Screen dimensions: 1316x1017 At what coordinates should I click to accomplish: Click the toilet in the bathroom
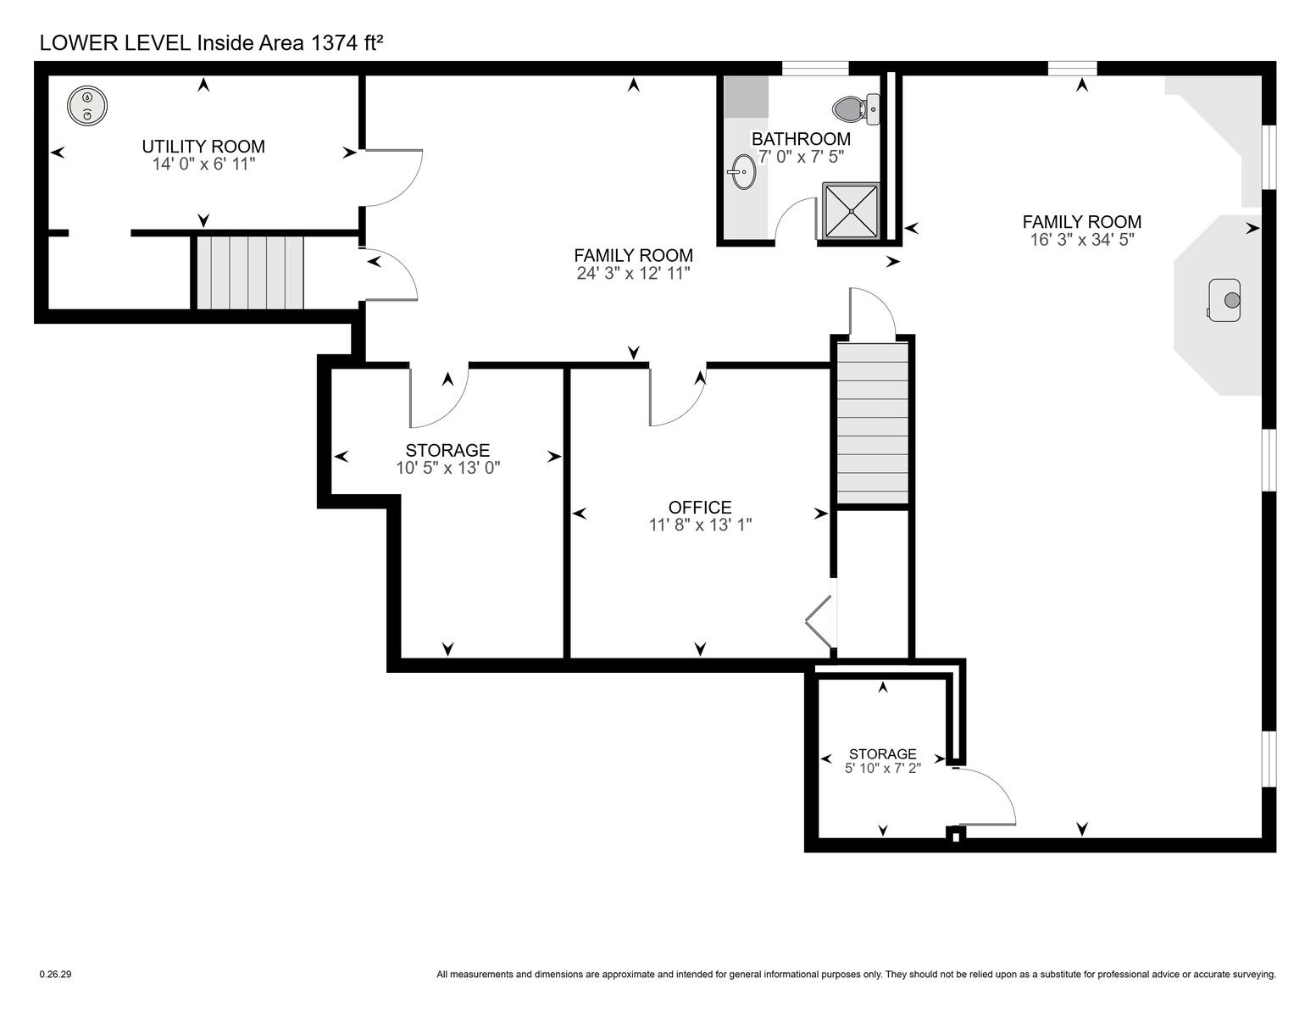[x=856, y=109]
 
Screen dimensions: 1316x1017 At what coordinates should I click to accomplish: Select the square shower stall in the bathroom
[x=851, y=211]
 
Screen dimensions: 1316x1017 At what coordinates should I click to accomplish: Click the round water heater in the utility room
[x=87, y=106]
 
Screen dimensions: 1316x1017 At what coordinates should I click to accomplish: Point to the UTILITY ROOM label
[x=203, y=147]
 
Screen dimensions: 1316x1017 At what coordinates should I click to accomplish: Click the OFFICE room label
[x=700, y=507]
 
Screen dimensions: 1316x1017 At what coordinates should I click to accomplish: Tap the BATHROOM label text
[x=802, y=139]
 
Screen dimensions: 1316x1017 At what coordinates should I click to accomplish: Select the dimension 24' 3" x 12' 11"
[x=634, y=273]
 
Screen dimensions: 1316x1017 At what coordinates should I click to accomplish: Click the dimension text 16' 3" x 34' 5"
[x=1082, y=240]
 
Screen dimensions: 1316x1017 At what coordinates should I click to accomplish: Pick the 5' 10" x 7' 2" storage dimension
[x=883, y=769]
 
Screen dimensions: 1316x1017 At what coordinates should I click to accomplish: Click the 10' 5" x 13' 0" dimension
[x=448, y=468]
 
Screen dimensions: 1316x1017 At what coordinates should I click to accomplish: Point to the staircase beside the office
[x=872, y=423]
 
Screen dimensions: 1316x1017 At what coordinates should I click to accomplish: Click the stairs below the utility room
[x=250, y=273]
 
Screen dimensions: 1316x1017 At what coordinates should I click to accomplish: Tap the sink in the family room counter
[x=1224, y=300]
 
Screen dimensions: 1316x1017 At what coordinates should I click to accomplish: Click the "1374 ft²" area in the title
[x=347, y=42]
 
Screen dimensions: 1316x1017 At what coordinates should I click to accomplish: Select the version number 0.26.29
[x=55, y=975]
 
